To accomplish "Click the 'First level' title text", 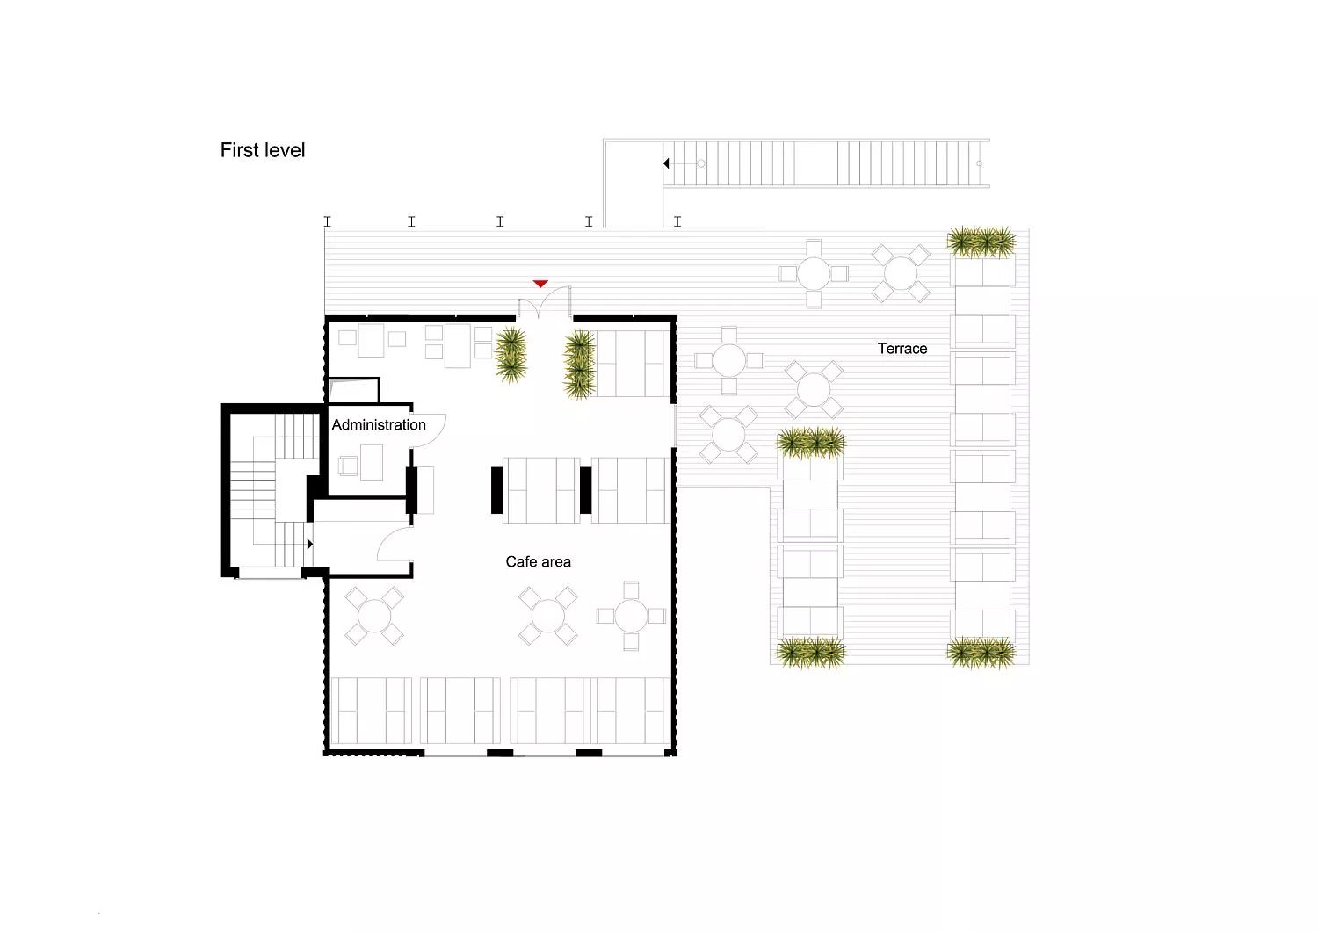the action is pos(263,150).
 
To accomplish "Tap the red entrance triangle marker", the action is pos(540,284).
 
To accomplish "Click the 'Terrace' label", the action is pos(902,349).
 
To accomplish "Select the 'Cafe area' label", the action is pos(538,562).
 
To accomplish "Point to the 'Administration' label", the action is pos(379,425).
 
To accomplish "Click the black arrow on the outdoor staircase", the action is pos(666,163).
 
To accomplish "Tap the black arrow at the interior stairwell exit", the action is pos(310,545).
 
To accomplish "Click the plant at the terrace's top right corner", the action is pos(981,242).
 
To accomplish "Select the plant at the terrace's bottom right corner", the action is pos(981,653).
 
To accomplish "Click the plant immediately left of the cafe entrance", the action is pos(511,356).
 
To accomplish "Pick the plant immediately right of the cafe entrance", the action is pos(580,364).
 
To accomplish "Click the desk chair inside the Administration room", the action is pos(348,466).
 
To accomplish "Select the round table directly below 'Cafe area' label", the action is pos(547,616).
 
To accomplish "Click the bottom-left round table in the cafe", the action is pos(374,616).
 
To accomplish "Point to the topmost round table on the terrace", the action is pos(814,273).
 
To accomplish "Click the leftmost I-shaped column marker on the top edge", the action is pos(328,221).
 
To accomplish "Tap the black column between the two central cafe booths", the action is pos(585,490).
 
